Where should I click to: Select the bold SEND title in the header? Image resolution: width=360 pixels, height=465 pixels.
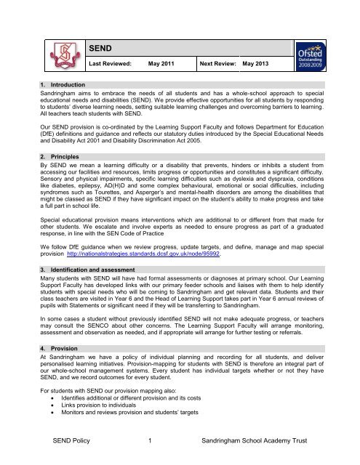(103, 48)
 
